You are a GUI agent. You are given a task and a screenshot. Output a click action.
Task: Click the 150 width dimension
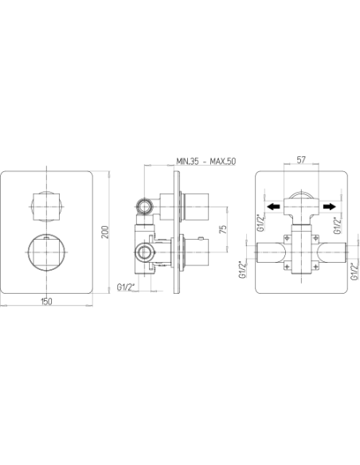46,301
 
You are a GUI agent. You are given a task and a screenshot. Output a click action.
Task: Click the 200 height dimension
105,232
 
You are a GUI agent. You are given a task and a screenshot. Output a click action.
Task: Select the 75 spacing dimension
223,229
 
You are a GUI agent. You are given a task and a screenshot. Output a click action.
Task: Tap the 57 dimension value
301,160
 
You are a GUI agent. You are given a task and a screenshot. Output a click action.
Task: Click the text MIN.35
187,162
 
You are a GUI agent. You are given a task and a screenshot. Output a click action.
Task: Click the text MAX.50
223,162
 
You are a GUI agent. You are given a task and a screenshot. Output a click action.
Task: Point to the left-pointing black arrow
273,206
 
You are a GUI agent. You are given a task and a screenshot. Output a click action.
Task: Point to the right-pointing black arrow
329,206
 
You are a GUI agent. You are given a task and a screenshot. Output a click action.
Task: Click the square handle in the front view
46,207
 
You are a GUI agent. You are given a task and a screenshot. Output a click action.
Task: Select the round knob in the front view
46,252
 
